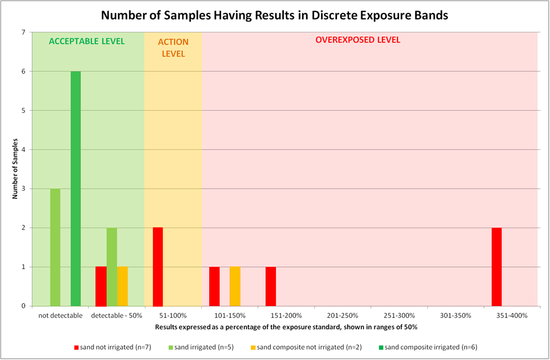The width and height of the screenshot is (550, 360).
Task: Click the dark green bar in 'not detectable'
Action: pyautogui.click(x=76, y=189)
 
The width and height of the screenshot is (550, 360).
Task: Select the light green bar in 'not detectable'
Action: pyautogui.click(x=55, y=247)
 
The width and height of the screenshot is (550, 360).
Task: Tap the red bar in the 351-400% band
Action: pyautogui.click(x=496, y=266)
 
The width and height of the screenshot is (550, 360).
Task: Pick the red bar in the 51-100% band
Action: pyautogui.click(x=158, y=266)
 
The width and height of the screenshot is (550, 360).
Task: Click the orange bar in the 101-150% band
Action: pyautogui.click(x=235, y=286)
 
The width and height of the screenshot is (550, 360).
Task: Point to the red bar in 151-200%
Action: pyautogui.click(x=270, y=286)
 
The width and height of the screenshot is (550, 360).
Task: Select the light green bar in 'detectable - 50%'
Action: pyautogui.click(x=111, y=266)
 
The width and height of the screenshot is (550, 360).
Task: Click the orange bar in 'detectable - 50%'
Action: pyautogui.click(x=122, y=286)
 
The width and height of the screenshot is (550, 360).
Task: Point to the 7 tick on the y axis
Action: pyautogui.click(x=24, y=32)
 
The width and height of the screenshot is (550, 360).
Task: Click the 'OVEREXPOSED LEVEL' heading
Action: pyautogui.click(x=357, y=40)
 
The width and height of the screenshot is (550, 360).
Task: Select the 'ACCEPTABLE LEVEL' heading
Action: pyautogui.click(x=87, y=41)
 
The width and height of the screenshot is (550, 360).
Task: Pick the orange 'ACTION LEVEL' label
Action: pyautogui.click(x=173, y=48)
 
